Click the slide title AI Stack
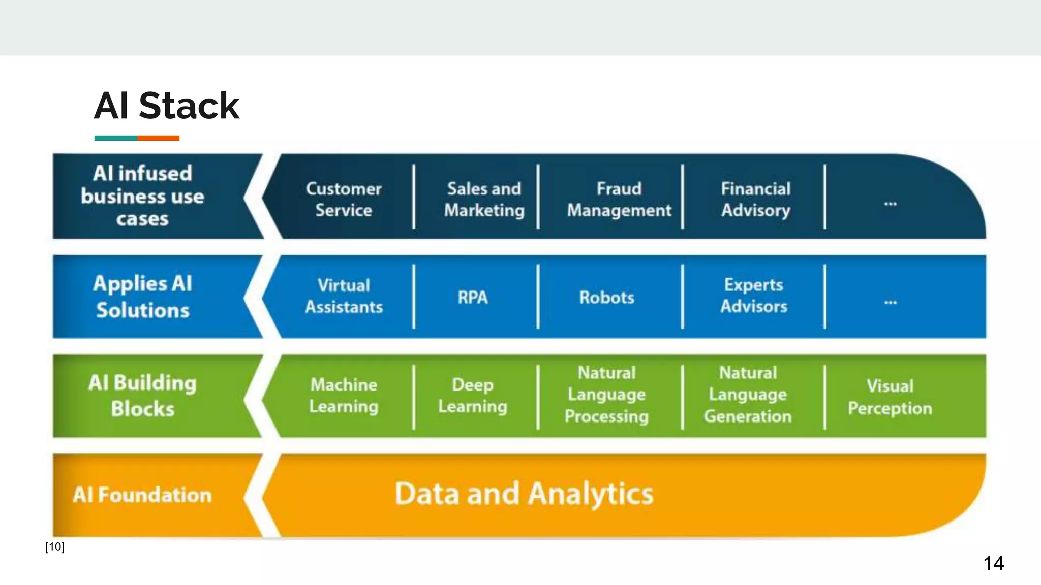coord(166,106)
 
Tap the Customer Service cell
coord(344,199)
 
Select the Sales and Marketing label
coord(484,199)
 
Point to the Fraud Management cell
coord(619,199)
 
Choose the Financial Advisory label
coord(755,199)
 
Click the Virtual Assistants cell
coord(344,296)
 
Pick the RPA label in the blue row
coord(472,297)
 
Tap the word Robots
coord(606,297)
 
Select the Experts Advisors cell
coord(753,296)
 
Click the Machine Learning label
coord(344,395)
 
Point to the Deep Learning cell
coord(472,395)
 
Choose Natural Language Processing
coord(606,395)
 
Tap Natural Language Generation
coord(748,395)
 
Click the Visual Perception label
coord(890,397)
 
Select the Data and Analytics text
coord(524,494)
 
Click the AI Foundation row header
coord(142,495)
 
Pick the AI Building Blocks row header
coord(142,395)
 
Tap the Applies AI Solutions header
coord(142,297)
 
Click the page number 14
coord(993,563)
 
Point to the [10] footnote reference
coord(54,547)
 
